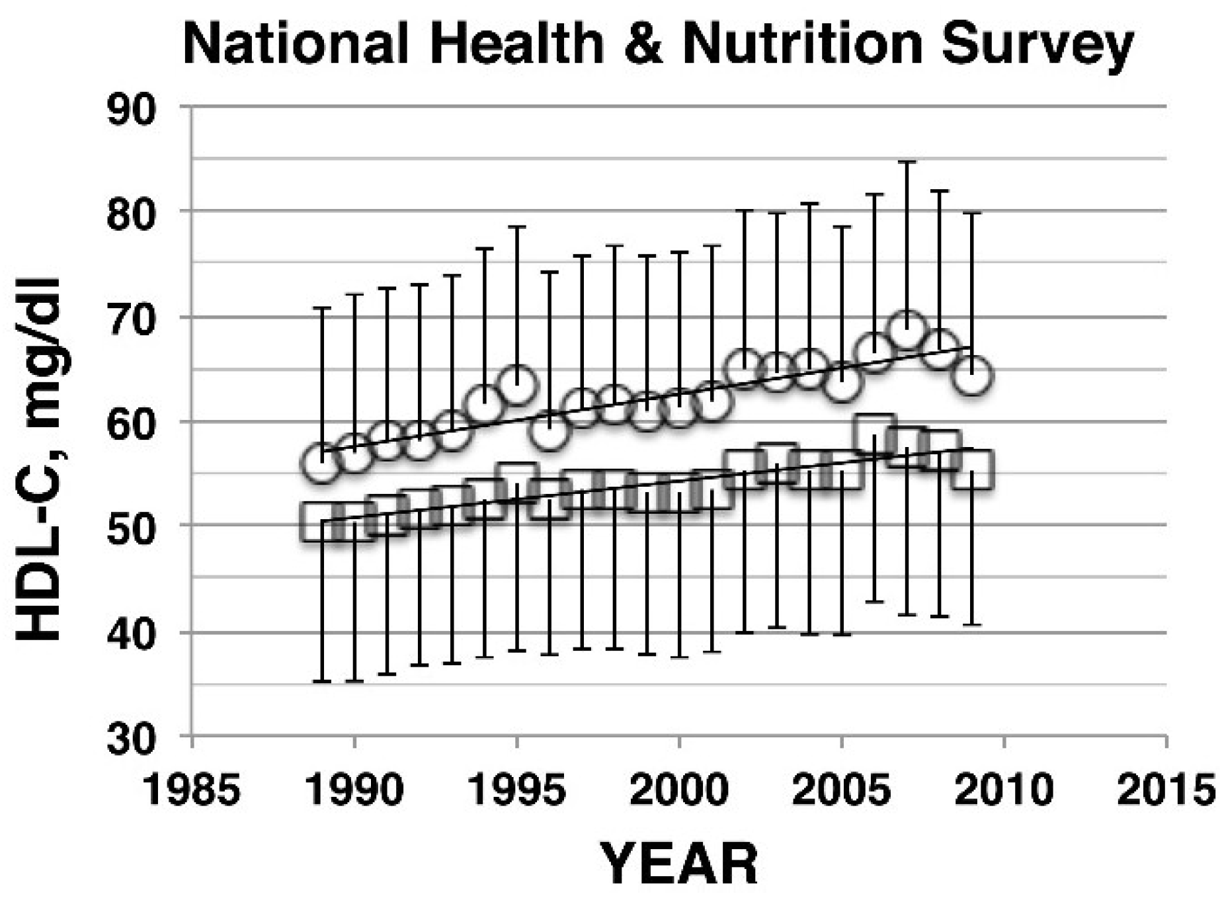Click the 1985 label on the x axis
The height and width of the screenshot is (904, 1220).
(192, 790)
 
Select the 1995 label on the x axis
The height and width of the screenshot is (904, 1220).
(517, 790)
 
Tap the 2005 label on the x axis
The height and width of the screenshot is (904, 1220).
(842, 790)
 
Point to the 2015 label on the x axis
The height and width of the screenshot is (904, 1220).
(1166, 790)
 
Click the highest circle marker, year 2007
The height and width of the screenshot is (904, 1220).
(907, 329)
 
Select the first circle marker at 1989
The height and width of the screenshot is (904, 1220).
(321, 464)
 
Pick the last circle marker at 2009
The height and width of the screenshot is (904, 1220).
(971, 376)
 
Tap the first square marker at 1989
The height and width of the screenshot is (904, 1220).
(321, 522)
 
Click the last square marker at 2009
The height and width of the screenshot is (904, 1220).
(972, 470)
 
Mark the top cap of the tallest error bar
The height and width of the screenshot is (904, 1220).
(907, 162)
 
